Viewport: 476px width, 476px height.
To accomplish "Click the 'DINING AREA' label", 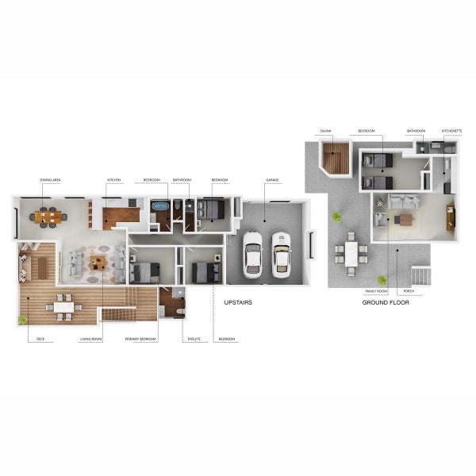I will point(51,180).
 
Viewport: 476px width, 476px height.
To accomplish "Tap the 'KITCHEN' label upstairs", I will point(113,180).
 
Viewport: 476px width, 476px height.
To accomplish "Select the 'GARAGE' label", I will point(272,180).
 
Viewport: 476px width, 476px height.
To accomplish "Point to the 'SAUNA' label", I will point(325,130).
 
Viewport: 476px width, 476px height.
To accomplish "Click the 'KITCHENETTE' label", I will point(452,130).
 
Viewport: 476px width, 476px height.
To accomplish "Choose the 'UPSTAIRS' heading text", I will point(238,303).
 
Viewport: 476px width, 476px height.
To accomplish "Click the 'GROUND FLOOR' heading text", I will point(385,303).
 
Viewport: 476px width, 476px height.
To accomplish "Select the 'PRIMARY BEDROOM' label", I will point(140,340).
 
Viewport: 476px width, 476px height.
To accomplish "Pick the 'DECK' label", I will point(40,340).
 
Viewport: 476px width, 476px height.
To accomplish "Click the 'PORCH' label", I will point(418,292).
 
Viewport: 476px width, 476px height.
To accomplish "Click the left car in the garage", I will point(252,253).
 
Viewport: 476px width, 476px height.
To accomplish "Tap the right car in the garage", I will point(282,253).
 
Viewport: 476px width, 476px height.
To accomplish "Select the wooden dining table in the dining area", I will point(48,216).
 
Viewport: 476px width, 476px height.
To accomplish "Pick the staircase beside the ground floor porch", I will point(420,276).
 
